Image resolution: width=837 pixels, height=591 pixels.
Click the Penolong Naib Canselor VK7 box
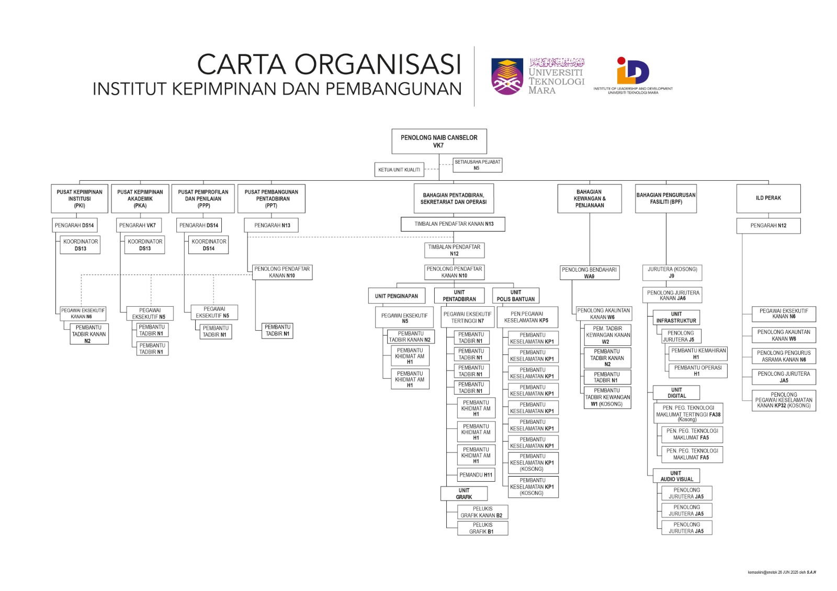tap(439, 141)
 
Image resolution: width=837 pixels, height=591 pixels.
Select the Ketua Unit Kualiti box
tap(399, 170)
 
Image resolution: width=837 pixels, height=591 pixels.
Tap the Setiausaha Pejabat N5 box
tap(477, 165)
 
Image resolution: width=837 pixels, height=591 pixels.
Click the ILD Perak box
tap(768, 198)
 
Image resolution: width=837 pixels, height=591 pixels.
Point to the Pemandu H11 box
tap(476, 475)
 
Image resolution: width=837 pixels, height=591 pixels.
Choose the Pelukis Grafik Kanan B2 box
tap(482, 512)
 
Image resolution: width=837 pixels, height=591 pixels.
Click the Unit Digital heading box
tap(676, 393)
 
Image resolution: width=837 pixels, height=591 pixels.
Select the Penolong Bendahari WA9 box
tap(589, 273)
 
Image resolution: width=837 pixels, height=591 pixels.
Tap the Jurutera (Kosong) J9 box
tap(672, 272)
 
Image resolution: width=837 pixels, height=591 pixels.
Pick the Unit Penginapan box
tap(397, 296)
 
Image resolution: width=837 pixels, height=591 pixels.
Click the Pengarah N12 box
tap(768, 226)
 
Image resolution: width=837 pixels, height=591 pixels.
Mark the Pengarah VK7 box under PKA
tap(138, 225)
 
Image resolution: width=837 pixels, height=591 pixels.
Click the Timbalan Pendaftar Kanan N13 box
tap(454, 224)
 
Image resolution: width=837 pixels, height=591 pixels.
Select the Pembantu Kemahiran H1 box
tap(698, 354)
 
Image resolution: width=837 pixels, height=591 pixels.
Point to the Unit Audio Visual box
tap(676, 476)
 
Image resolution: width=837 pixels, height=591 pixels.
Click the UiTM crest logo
tap(507, 76)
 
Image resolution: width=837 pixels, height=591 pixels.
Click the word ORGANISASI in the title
tap(378, 65)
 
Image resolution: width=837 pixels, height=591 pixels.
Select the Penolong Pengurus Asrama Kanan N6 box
tap(784, 356)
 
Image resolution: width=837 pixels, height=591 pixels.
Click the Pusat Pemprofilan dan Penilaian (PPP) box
tap(203, 199)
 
